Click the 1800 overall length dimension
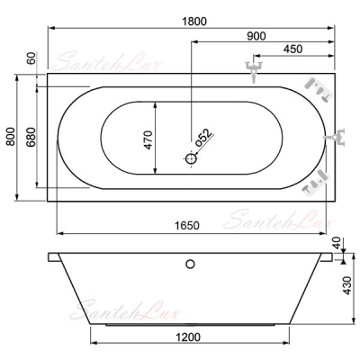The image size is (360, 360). pyautogui.click(x=194, y=22)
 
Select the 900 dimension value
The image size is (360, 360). pyautogui.click(x=256, y=36)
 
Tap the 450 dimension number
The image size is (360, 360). pyautogui.click(x=292, y=49)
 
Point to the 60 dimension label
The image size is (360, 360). pyautogui.click(x=31, y=58)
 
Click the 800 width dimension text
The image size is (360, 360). pyautogui.click(x=11, y=137)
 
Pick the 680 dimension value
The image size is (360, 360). pyautogui.click(x=31, y=137)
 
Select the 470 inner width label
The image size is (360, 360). pyautogui.click(x=148, y=139)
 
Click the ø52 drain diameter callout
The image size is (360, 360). pyautogui.click(x=204, y=138)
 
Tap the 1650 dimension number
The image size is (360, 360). pyautogui.click(x=186, y=225)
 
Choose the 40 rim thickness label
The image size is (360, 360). pyautogui.click(x=337, y=243)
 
